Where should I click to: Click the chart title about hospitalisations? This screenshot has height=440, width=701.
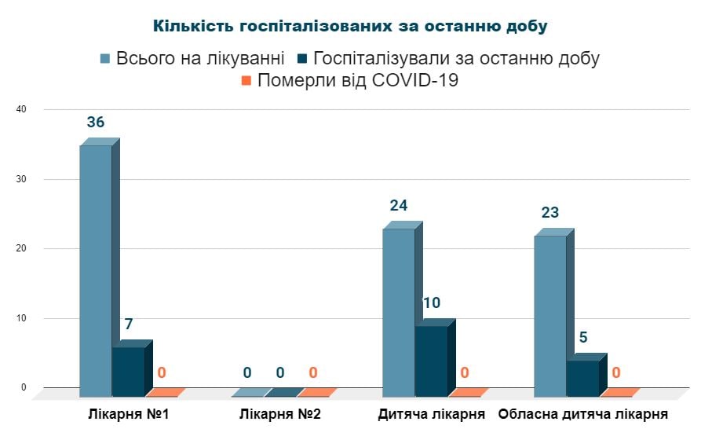coord(350,26)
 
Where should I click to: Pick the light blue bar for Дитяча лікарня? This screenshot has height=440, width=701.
coord(399,311)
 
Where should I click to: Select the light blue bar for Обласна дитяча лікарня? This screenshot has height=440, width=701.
coord(550,314)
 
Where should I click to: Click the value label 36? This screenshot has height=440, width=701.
coord(96,123)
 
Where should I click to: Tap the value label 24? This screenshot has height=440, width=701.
coord(399,206)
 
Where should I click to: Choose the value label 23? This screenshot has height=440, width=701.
coord(550,213)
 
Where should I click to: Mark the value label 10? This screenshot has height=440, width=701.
coord(431,302)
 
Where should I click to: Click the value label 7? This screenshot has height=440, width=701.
coord(128,324)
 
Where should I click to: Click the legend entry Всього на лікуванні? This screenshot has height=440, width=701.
coord(192,59)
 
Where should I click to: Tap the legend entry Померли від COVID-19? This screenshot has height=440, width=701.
coord(349,80)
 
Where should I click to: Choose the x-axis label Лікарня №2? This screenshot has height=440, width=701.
coord(280,414)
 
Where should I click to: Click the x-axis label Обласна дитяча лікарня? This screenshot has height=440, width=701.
coord(583,414)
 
